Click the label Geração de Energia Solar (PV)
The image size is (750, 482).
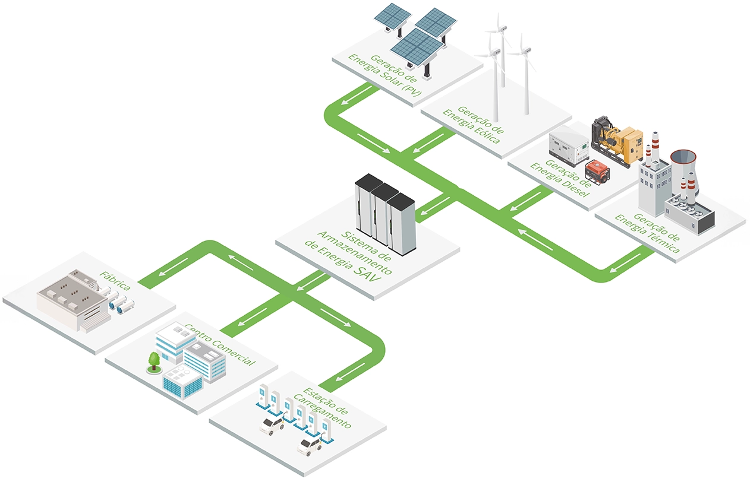tap(379, 74)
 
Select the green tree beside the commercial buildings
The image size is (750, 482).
tap(155, 361)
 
